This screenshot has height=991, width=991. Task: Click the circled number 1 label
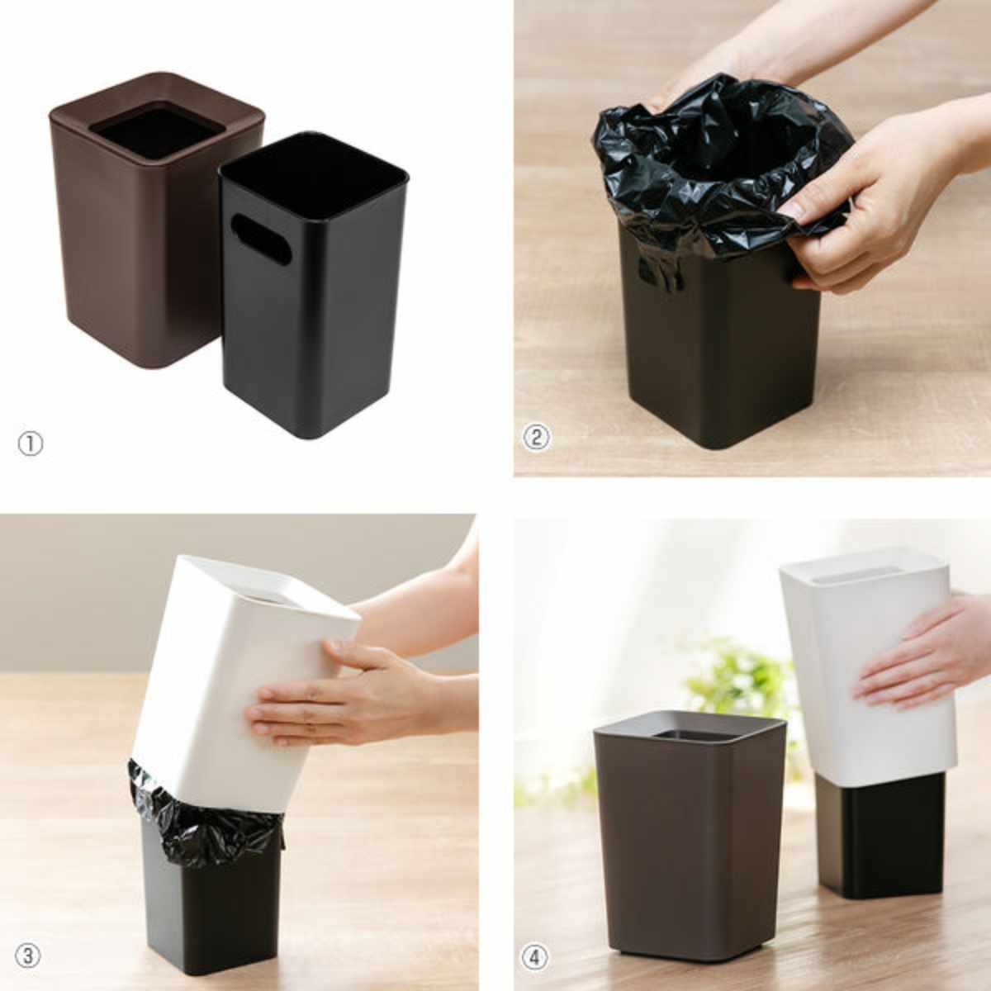click(x=31, y=444)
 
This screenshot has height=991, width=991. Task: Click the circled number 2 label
click(x=537, y=438)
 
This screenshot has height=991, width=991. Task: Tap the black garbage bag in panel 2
click(x=720, y=170)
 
